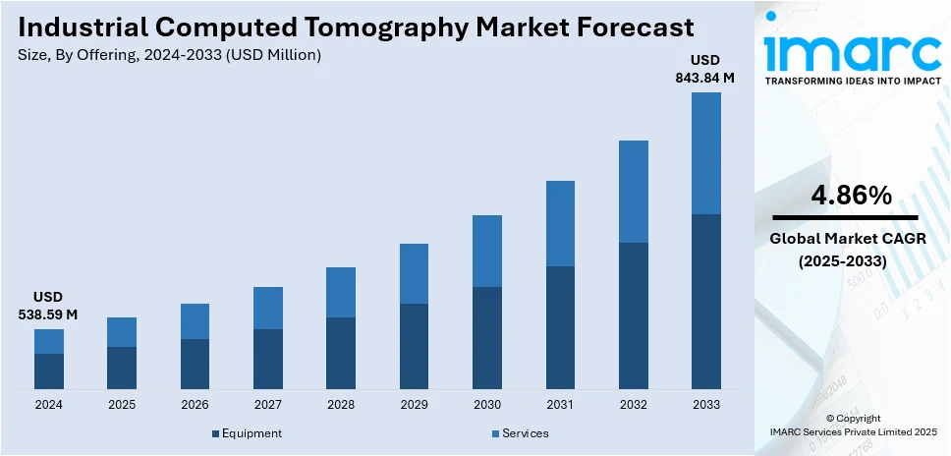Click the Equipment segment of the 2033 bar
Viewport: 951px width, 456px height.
[x=705, y=301]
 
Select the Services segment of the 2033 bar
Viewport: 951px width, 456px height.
[x=705, y=153]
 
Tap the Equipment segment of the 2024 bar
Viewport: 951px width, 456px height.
[x=49, y=370]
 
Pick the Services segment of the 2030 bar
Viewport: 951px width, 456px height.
[x=487, y=251]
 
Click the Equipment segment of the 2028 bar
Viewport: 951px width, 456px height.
[x=341, y=353]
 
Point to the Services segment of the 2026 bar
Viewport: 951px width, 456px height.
[x=195, y=321]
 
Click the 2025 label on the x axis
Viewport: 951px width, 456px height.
[x=122, y=405]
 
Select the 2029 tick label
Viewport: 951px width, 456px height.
[x=414, y=405]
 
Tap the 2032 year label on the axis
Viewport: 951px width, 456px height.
[x=633, y=405]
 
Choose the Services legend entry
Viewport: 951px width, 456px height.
[x=525, y=433]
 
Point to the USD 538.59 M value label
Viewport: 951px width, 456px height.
[x=48, y=306]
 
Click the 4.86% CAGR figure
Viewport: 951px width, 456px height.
[x=851, y=196]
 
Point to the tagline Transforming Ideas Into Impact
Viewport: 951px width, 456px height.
[x=851, y=83]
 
